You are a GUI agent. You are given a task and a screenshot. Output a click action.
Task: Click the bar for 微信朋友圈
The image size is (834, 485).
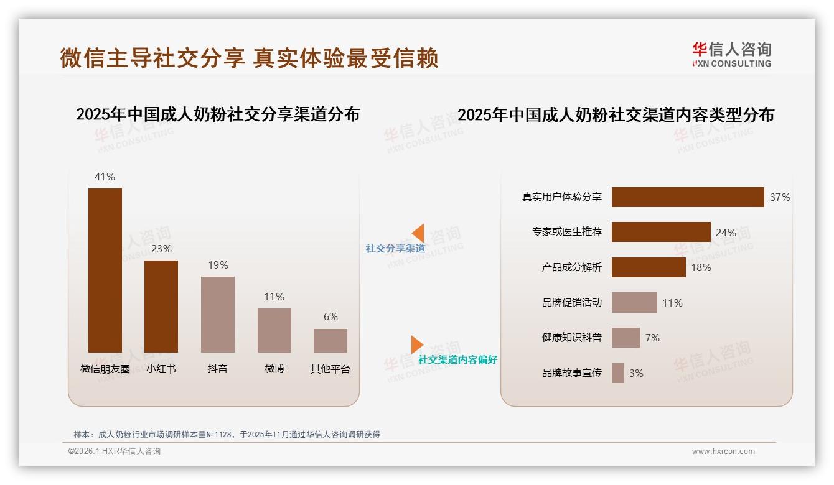pyautogui.click(x=105, y=270)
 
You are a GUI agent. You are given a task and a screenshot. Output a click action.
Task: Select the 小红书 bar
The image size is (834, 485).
pyautogui.click(x=161, y=306)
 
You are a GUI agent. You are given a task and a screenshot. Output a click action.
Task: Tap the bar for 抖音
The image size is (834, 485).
pyautogui.click(x=218, y=314)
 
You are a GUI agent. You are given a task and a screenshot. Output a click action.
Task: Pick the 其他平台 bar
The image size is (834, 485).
pyautogui.click(x=330, y=340)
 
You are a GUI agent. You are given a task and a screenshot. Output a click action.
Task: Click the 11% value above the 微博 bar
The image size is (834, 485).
pyautogui.click(x=274, y=297)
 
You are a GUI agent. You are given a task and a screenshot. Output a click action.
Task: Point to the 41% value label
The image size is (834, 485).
pyautogui.click(x=105, y=177)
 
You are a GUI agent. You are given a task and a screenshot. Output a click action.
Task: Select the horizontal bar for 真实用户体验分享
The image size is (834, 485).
pyautogui.click(x=687, y=197)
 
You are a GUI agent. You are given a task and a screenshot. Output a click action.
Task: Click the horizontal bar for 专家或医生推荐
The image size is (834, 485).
pyautogui.click(x=660, y=232)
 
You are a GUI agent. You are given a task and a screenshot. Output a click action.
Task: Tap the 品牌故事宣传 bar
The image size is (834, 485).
pyautogui.click(x=617, y=373)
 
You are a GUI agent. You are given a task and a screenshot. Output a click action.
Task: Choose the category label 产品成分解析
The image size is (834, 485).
pyautogui.click(x=571, y=267)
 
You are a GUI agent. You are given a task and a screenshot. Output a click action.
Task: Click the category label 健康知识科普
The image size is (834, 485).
pyautogui.click(x=571, y=338)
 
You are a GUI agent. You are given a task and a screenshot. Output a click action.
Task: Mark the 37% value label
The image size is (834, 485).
pyautogui.click(x=780, y=197)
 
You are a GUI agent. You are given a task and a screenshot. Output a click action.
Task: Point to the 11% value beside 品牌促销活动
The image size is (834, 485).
pyautogui.click(x=672, y=303)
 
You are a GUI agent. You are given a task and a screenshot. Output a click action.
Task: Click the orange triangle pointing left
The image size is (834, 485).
pyautogui.click(x=418, y=233)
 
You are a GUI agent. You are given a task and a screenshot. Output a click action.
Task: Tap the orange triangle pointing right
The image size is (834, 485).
pyautogui.click(x=417, y=344)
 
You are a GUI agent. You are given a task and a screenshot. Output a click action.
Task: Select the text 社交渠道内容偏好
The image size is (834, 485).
pyautogui.click(x=457, y=360)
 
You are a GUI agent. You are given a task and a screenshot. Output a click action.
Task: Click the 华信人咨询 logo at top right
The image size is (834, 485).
pyautogui.click(x=731, y=55)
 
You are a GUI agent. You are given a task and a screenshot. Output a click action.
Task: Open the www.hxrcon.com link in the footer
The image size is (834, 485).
pyautogui.click(x=723, y=451)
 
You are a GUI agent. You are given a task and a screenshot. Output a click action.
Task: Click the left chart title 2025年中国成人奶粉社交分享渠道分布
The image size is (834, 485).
pyautogui.click(x=218, y=114)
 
